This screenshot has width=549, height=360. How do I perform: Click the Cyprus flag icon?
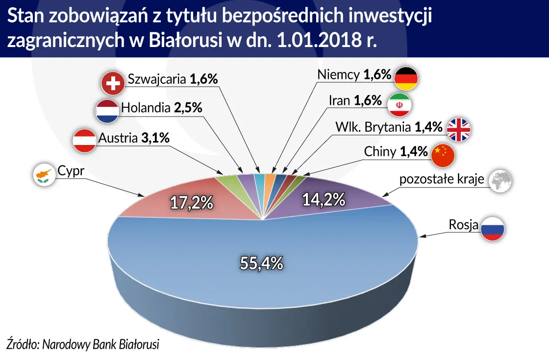pos(44,174)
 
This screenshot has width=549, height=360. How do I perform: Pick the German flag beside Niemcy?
pos(406,78)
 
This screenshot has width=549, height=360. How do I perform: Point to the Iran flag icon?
pos(399,104)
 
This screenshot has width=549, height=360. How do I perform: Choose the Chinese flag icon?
pos(443,154)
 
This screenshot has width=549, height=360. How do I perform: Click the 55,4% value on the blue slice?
pos(262,263)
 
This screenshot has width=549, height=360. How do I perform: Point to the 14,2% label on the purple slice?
pos(324,199)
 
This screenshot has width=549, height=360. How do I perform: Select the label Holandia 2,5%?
pos(161,108)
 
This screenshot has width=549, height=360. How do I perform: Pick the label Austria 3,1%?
pos(134,139)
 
